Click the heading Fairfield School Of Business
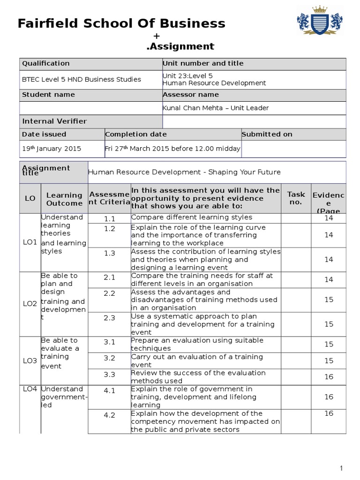121,23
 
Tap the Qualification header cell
46,63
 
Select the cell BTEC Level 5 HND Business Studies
82,79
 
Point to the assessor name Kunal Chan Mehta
215,108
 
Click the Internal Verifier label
54,121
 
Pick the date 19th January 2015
52,149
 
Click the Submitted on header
267,134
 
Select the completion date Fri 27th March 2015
172,149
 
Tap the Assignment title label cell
46,170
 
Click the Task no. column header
296,198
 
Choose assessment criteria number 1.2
109,229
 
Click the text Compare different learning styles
192,217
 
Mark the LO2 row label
30,304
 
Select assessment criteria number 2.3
109,318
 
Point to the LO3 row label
30,360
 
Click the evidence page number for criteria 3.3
329,377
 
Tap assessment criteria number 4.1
109,390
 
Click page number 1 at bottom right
342,468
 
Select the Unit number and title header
203,63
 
